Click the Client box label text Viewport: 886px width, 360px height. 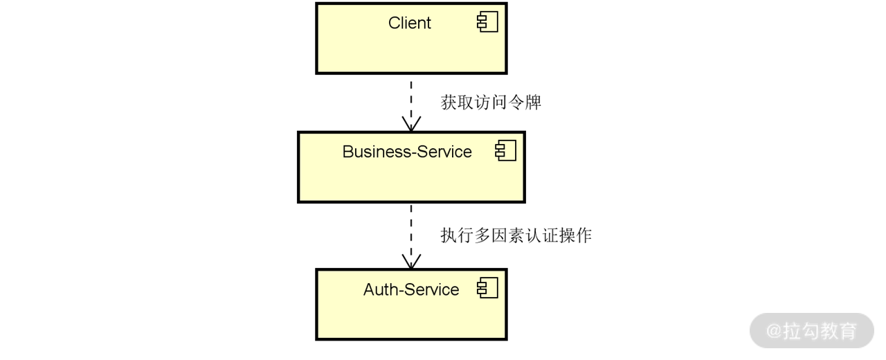[409, 23]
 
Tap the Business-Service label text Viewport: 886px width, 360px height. [407, 152]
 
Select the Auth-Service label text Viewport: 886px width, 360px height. [411, 289]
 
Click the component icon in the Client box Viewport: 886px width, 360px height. [488, 22]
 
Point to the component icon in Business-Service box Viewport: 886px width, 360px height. [506, 151]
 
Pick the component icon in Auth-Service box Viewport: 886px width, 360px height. [488, 289]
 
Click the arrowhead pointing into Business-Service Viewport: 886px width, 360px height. [411, 125]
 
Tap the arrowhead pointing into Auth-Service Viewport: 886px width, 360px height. [411, 262]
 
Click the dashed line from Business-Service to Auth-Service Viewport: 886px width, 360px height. [411, 232]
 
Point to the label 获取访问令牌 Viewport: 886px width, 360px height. [491, 102]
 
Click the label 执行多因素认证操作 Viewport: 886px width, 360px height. [516, 235]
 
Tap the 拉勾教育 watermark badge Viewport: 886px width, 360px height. [811, 330]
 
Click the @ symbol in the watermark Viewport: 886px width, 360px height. [774, 331]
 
